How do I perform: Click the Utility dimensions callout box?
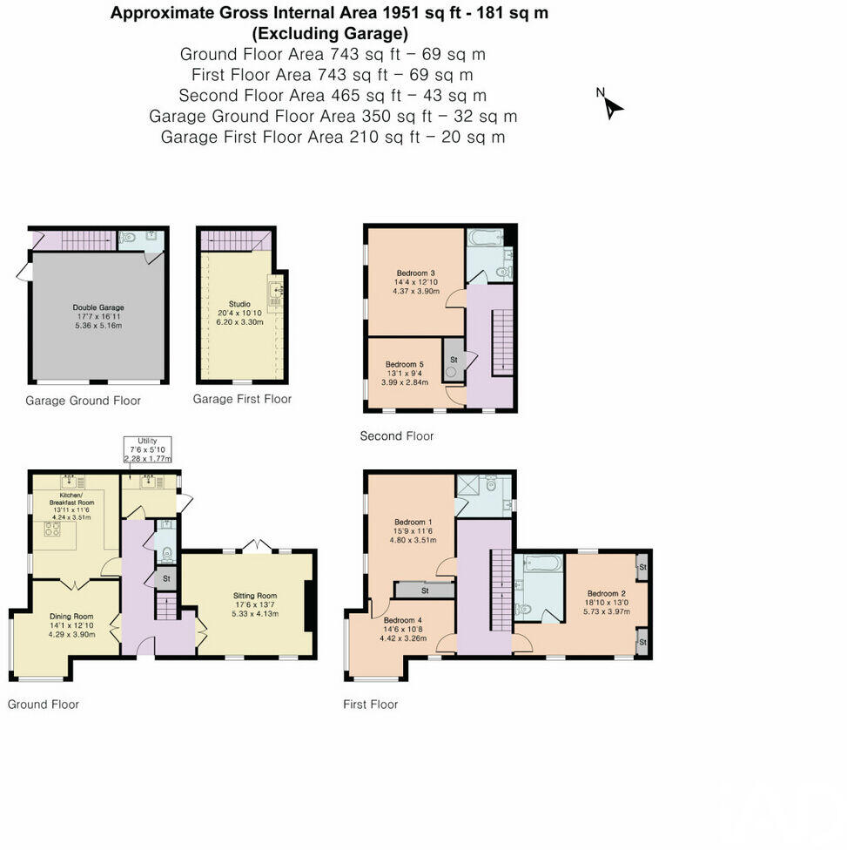click(147, 450)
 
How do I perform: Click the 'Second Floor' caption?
click(396, 435)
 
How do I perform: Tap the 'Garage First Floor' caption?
click(242, 399)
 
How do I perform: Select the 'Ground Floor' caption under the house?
click(44, 704)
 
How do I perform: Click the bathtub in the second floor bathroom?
click(485, 236)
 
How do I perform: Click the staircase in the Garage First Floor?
click(235, 240)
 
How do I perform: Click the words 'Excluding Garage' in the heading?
click(330, 34)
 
